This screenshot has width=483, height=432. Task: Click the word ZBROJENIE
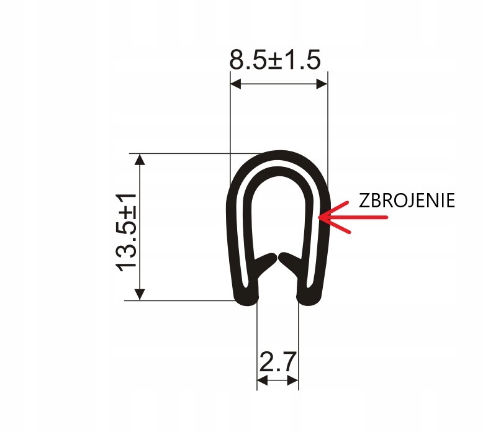pyautogui.click(x=407, y=200)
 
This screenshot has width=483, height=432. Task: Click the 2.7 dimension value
pyautogui.click(x=278, y=362)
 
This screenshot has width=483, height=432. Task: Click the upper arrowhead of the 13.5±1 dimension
pyautogui.click(x=141, y=160)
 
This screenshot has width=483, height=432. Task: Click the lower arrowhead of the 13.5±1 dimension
pyautogui.click(x=141, y=295)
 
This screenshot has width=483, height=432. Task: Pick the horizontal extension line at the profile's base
pyautogui.click(x=186, y=301)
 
